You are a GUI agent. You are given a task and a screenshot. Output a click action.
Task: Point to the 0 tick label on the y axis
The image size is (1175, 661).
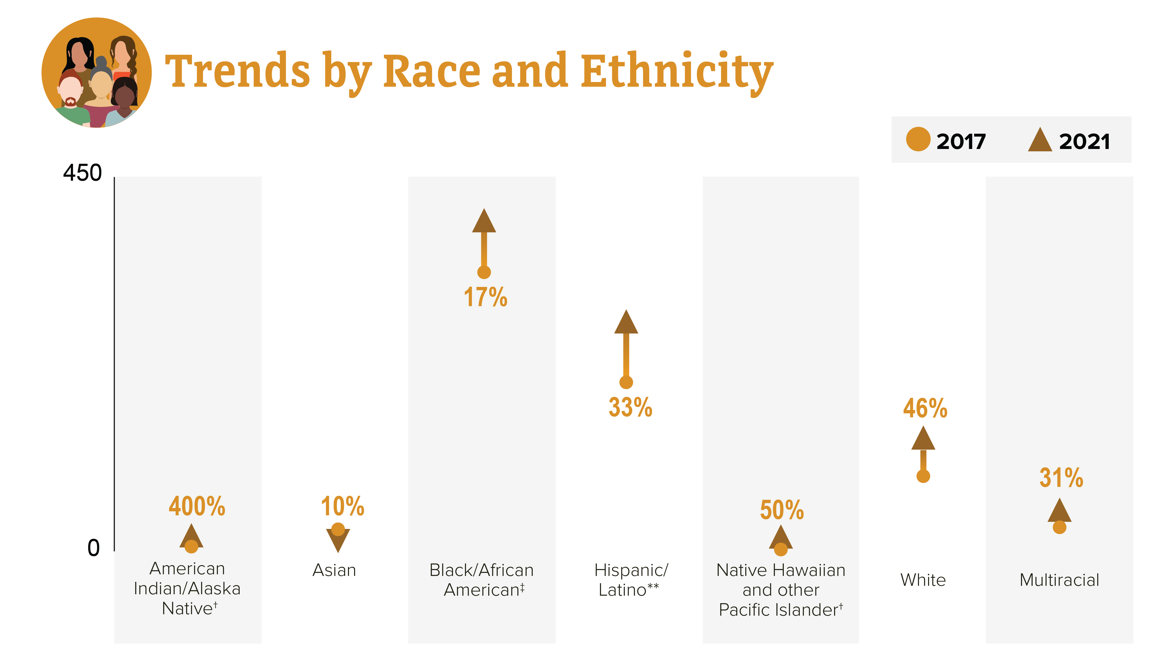94,548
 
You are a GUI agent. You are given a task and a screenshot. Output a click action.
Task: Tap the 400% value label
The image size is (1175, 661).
197,506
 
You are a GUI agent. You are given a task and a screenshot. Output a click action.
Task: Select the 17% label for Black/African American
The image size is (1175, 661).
485,297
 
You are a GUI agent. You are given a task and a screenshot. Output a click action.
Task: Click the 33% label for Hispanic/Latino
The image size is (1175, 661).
630,407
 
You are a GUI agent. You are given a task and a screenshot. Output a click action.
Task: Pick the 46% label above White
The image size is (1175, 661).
925,408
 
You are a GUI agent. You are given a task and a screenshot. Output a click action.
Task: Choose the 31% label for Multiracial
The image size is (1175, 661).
1061,478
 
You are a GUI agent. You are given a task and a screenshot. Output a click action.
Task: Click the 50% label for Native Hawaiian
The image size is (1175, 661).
782,510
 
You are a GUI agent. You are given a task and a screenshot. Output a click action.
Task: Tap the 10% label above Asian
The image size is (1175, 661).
343,506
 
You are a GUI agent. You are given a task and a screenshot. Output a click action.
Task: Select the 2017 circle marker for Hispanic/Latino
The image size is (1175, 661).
626,382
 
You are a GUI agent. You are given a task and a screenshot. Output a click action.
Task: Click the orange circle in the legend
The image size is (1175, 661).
918,139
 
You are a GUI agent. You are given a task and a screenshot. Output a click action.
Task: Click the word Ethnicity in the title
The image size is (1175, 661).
677,73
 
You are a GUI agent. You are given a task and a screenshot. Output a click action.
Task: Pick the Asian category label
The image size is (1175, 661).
334,570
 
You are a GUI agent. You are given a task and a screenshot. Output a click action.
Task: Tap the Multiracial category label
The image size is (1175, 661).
1060,580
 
